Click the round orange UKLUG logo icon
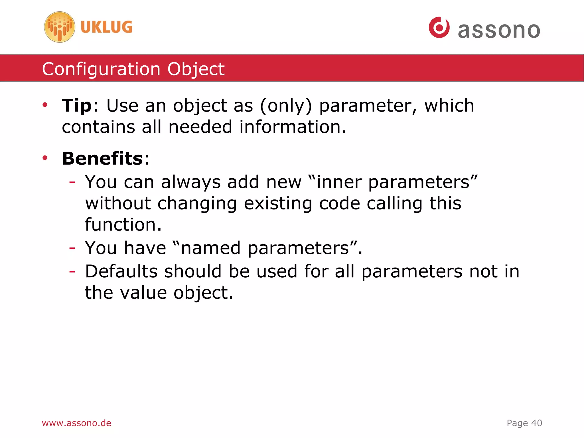coord(60,27)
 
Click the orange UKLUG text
coord(106,27)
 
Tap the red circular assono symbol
coord(439,27)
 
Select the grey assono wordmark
coord(499,30)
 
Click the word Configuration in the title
coord(101,69)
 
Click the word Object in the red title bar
coord(196,69)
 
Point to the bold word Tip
coord(76,106)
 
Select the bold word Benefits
coord(102,158)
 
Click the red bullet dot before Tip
coord(45,105)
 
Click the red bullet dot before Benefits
coord(45,158)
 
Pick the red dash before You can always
coord(72,182)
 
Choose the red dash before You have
coord(72,248)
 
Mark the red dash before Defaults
coord(72,271)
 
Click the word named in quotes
coord(211,248)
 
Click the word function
coord(123,225)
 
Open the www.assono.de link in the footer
coord(76,423)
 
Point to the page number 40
coord(537,423)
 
